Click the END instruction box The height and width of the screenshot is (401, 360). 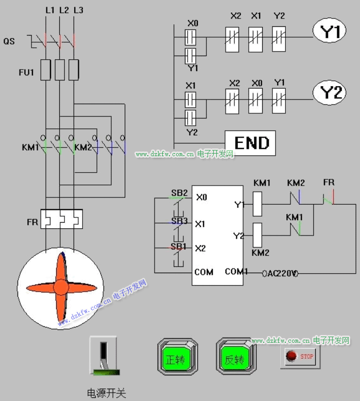pos(250,143)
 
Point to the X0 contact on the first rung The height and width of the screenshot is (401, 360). pos(191,37)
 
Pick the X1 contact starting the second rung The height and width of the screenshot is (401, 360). pos(191,98)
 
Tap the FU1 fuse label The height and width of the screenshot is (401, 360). pos(26,72)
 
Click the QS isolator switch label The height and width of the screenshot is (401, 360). pos(9,41)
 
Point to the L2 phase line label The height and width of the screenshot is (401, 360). pos(64,10)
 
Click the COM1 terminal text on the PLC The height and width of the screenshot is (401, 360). pos(236,271)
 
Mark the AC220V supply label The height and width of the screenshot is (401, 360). pos(281,273)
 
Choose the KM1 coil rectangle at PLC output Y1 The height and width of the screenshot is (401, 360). pos(258,203)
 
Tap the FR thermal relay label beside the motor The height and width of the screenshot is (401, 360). pos(32,222)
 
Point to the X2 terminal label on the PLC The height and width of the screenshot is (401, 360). pos(200,248)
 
